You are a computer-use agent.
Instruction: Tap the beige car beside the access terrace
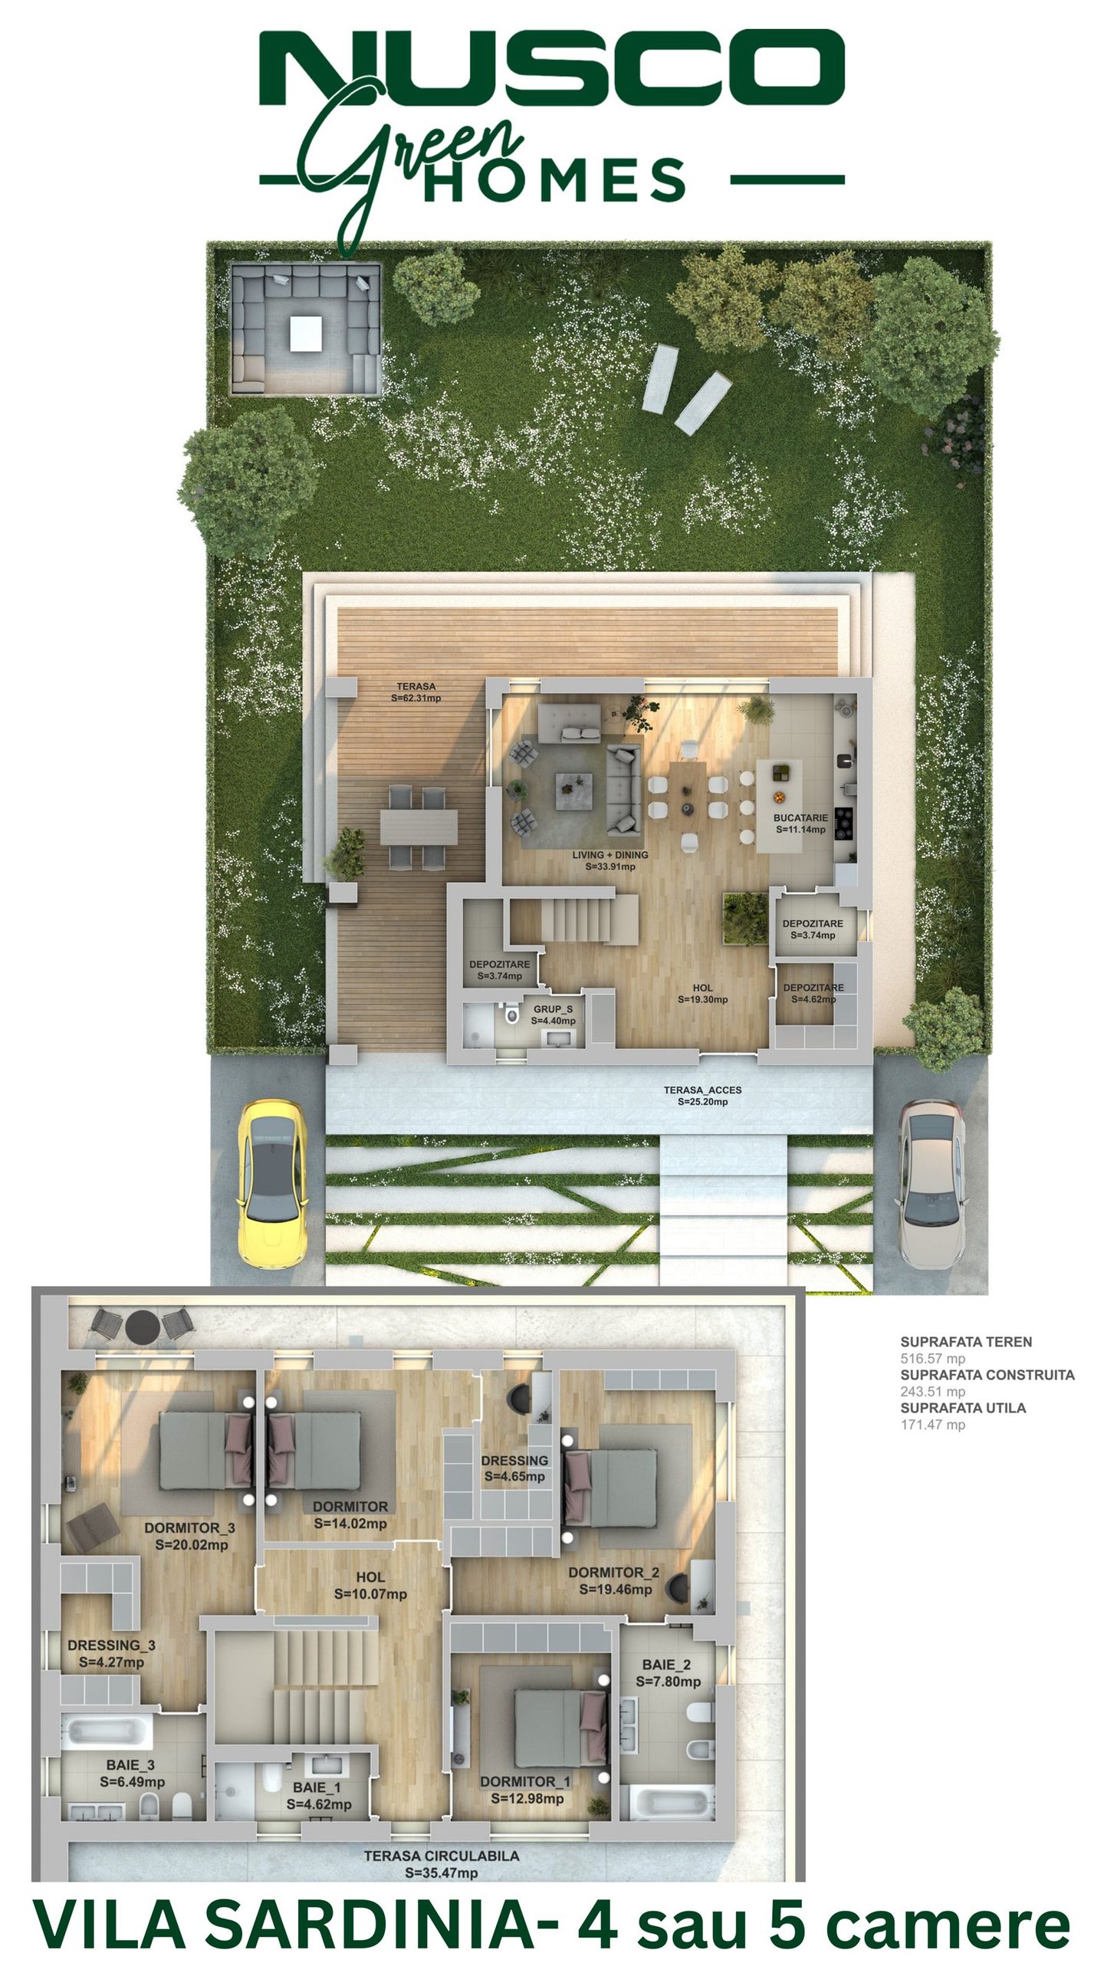[x=932, y=1182]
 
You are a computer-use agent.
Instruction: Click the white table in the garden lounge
[x=306, y=333]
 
